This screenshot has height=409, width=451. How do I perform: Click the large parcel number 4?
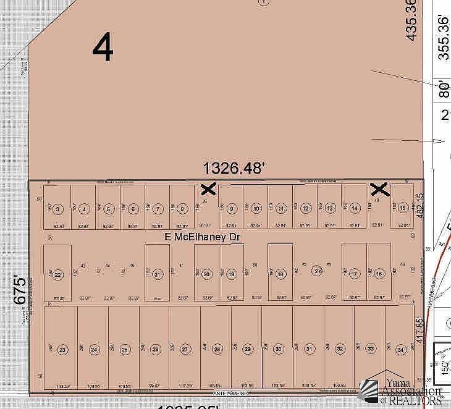click(x=103, y=48)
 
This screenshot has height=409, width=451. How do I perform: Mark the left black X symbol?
click(x=208, y=189)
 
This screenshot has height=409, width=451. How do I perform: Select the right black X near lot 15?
click(x=378, y=189)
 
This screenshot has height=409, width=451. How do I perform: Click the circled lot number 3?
click(x=58, y=209)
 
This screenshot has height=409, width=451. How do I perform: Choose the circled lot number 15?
click(x=403, y=209)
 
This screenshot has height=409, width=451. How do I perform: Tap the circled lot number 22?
click(x=58, y=275)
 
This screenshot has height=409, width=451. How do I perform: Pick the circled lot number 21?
click(x=158, y=274)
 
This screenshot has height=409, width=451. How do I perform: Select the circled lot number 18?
click(x=280, y=274)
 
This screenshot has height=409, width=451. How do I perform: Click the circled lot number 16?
click(x=379, y=274)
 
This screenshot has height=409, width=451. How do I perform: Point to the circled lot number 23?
click(x=62, y=350)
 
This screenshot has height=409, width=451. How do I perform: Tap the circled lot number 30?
click(x=278, y=350)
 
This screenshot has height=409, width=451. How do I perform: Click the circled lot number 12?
click(x=305, y=209)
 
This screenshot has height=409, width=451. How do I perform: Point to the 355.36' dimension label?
click(x=442, y=37)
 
